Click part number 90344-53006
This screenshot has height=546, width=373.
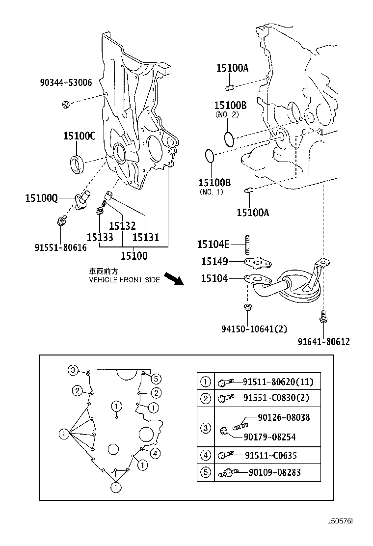tap(66, 83)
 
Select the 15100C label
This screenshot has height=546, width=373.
tap(79, 136)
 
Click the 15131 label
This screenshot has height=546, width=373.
tap(146, 238)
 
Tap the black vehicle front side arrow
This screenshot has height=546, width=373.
tap(173, 279)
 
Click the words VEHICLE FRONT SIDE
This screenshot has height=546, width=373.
tap(124, 280)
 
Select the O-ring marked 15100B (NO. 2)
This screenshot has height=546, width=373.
tap(229, 138)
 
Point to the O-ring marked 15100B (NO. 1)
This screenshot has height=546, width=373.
tap(209, 156)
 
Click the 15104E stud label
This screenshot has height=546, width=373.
tap(213, 244)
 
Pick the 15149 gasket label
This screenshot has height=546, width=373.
tap(214, 261)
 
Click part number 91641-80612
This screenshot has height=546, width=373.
tap(324, 342)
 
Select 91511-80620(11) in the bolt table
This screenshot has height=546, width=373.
tap(278, 382)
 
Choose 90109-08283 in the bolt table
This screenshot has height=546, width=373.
tap(274, 472)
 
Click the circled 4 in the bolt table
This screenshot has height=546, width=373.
tap(206, 455)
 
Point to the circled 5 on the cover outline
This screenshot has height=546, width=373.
tap(156, 378)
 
